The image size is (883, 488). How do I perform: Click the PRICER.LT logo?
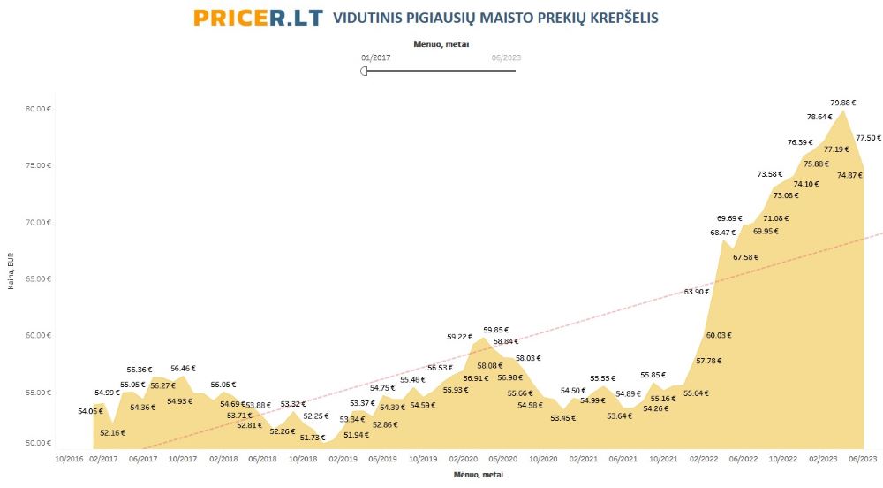tap(258, 18)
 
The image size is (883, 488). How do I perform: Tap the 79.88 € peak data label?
tap(842, 102)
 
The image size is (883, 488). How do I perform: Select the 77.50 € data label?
tap(868, 138)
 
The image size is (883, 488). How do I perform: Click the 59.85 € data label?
tap(496, 330)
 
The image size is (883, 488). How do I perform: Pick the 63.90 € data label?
tap(697, 292)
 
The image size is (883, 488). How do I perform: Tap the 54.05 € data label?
tap(90, 411)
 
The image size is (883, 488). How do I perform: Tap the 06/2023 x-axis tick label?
tap(863, 459)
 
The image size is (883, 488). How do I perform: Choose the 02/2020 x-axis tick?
tap(464, 459)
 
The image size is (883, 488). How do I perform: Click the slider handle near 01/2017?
tap(364, 71)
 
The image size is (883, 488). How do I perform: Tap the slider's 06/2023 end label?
tap(506, 57)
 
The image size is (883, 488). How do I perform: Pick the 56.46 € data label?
tap(183, 369)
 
